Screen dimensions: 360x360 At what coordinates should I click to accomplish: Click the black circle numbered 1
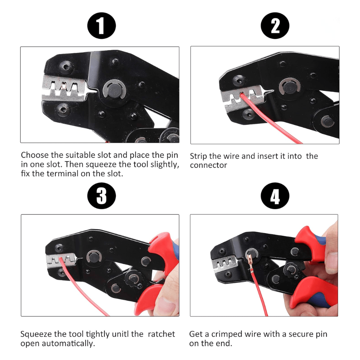pos(102,26)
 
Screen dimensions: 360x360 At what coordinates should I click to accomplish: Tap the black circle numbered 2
pos(275,26)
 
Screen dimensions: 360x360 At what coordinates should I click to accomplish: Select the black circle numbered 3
pos(102,195)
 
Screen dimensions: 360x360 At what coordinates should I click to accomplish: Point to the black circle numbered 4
pos(275,195)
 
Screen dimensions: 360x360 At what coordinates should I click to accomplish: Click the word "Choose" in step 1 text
pos(35,155)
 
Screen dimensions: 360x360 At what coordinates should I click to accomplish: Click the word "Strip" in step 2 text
pos(198,157)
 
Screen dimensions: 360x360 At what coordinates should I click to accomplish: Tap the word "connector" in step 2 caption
pos(208,165)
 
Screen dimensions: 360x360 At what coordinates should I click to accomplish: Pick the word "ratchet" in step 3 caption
pos(161,334)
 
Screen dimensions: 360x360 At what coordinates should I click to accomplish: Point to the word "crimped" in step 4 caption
pos(226,334)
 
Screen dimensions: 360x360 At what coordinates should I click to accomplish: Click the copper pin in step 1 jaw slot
pos(63,86)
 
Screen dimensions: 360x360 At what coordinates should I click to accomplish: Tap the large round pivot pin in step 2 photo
pos(290,87)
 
